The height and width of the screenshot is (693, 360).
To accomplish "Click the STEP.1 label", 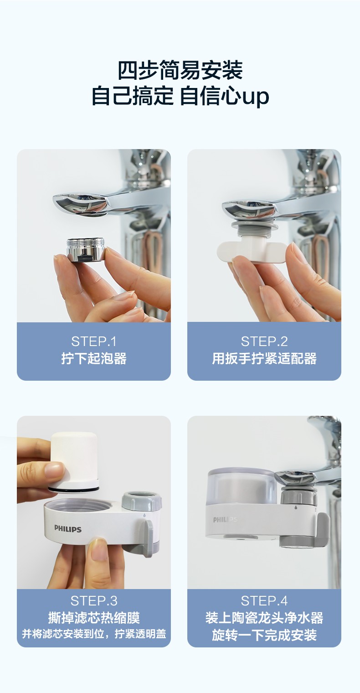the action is (94, 341).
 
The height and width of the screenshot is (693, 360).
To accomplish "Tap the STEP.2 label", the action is (264, 341).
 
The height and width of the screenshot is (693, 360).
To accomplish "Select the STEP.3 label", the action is (94, 601).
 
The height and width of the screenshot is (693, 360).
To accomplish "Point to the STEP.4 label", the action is (264, 601).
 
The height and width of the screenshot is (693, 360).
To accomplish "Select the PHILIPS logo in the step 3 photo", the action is (68, 528).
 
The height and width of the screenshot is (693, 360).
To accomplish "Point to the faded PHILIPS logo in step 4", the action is (225, 519).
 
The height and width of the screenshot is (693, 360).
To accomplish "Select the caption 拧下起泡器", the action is (94, 358).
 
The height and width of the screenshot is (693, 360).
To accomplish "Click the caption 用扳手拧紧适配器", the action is (264, 358).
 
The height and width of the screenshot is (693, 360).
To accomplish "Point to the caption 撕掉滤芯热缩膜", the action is (94, 618).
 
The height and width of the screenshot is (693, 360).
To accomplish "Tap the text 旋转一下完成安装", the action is (264, 635).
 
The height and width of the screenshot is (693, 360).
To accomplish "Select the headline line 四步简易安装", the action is (180, 71).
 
